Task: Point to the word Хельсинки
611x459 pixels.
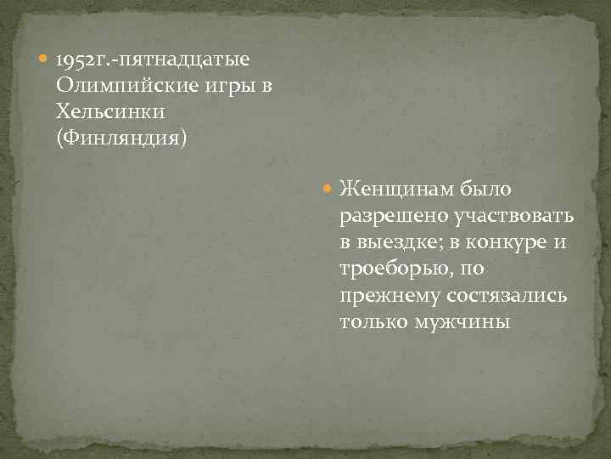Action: (x=110, y=111)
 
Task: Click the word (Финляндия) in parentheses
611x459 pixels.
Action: (x=120, y=137)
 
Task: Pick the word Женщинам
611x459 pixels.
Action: (x=397, y=188)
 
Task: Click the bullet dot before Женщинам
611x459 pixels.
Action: (x=329, y=189)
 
